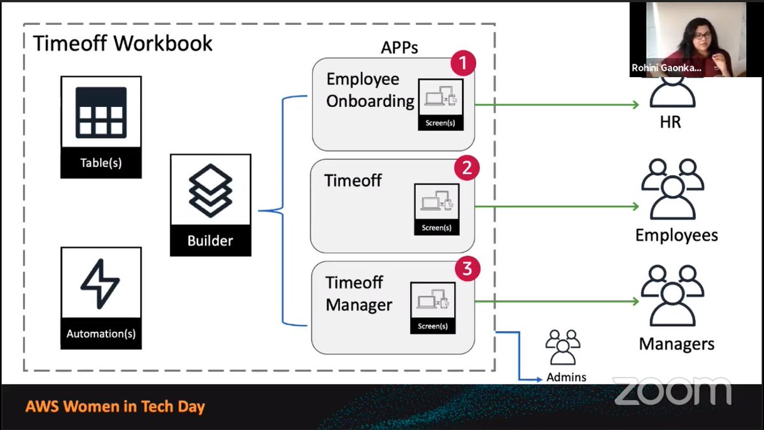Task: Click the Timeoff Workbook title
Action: coord(123,43)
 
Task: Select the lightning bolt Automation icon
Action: coord(101,285)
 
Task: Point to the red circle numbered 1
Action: coord(463,64)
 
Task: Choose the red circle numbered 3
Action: coord(467,269)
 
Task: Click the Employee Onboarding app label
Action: coord(371,90)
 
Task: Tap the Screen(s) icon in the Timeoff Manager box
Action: coord(432,305)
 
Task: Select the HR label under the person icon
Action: coord(670,122)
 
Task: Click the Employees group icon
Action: coord(672,188)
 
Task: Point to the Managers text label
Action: coord(676,345)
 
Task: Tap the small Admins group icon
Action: coord(563,347)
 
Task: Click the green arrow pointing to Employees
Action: coord(633,206)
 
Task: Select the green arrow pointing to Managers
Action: coord(633,301)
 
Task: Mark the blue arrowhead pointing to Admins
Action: coord(539,379)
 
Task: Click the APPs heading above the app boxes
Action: coord(399,48)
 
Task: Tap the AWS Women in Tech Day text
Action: coord(115,406)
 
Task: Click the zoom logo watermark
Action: coord(672,391)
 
